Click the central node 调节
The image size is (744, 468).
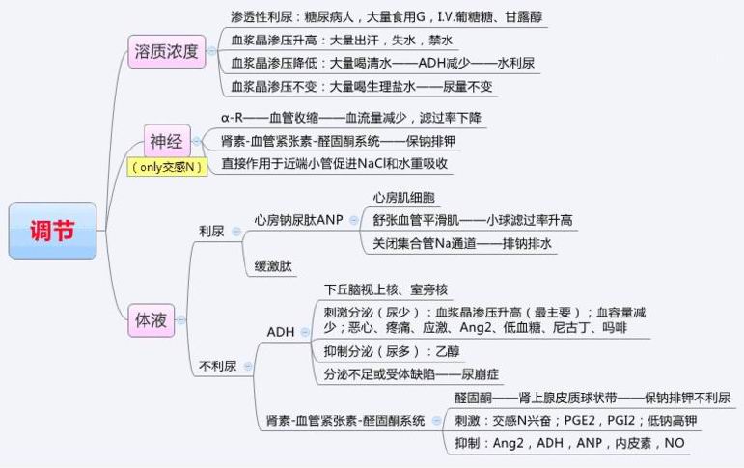click(x=52, y=231)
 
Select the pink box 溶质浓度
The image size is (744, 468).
click(x=167, y=51)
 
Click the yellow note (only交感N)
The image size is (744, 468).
click(x=169, y=167)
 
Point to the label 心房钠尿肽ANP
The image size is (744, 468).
click(x=298, y=219)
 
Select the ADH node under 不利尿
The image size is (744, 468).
click(x=280, y=332)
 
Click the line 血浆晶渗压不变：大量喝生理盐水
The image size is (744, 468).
click(x=362, y=87)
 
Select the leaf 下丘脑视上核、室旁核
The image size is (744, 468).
click(x=385, y=289)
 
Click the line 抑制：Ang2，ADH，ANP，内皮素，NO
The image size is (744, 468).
click(x=569, y=443)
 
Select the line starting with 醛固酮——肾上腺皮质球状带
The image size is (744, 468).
click(x=592, y=398)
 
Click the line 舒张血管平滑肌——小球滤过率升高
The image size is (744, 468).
click(x=474, y=220)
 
